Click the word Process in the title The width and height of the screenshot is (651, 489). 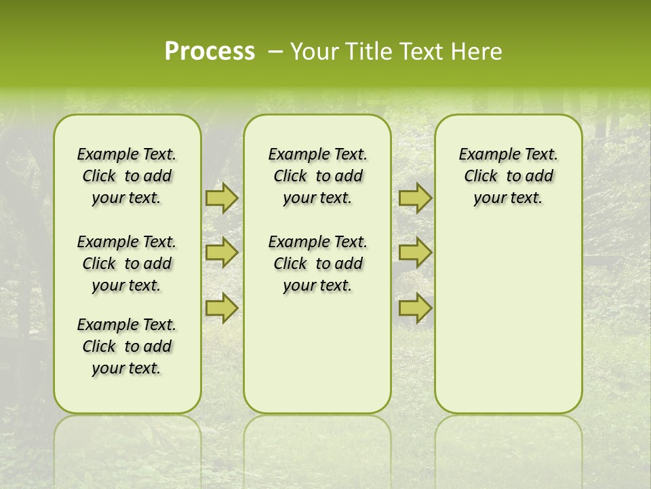click(210, 52)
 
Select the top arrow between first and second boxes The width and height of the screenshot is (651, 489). click(221, 198)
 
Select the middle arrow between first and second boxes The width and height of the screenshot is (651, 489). click(221, 253)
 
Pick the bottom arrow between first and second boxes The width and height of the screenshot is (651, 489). click(221, 308)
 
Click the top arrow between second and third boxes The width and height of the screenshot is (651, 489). click(415, 198)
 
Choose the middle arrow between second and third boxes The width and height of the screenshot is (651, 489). click(415, 253)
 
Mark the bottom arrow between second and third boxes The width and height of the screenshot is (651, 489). click(415, 308)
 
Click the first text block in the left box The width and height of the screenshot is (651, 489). click(127, 176)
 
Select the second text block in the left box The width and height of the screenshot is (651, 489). click(127, 264)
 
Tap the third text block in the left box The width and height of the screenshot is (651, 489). click(127, 346)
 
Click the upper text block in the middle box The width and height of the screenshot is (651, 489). click(317, 176)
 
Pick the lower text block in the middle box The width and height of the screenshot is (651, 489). click(317, 264)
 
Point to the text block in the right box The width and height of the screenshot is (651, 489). click(509, 176)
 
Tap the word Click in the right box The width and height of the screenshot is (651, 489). click(481, 177)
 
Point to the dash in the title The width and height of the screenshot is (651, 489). click(275, 52)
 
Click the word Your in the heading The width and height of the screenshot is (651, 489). click(313, 52)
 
